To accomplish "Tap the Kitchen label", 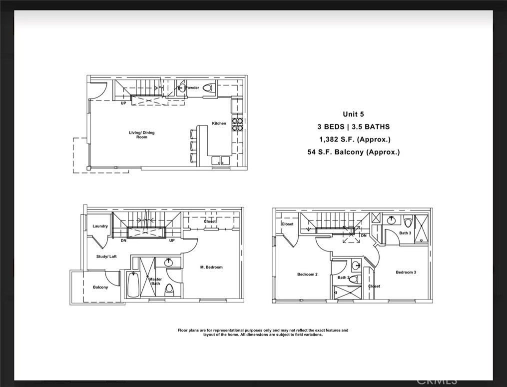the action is coord(219,123).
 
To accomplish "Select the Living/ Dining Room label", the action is coord(142,134).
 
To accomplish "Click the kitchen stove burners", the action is coord(237,124).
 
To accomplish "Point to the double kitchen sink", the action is coord(220,160).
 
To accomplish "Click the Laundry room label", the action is coord(100,226).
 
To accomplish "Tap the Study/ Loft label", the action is coord(106,256).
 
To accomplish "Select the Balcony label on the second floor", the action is coord(100,287).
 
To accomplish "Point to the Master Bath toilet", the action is coord(169,290).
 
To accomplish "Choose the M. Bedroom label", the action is coord(211,267).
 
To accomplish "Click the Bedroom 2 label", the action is coord(307,274).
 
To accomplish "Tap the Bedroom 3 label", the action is coord(406,272).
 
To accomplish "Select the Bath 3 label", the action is coord(405,233).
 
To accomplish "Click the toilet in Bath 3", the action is coord(408,221).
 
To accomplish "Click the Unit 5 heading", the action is coord(354,114).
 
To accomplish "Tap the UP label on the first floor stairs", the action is coord(123,103).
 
